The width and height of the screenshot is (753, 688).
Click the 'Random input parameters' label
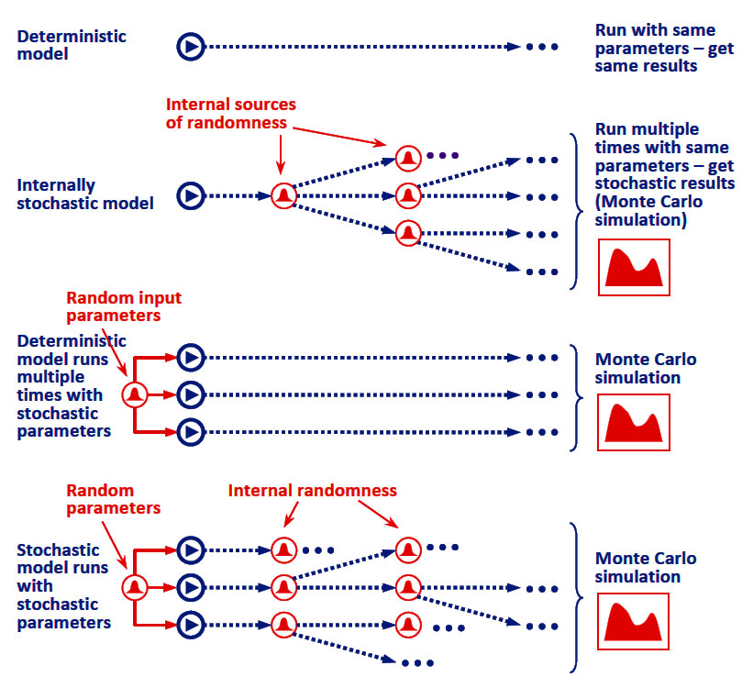pos(124,306)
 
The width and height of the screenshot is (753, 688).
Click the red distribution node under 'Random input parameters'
pos(135,394)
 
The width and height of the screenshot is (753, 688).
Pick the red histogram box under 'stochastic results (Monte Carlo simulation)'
pos(634,267)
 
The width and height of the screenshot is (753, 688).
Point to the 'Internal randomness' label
pos(312,491)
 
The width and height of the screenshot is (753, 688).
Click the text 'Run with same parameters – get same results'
pos(664,48)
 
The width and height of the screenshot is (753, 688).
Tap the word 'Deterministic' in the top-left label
pos(72,37)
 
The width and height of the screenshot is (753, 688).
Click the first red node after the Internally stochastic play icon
pos(282,194)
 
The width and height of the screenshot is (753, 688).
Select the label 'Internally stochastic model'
pos(84,194)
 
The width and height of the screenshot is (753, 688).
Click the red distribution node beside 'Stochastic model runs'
pos(135,586)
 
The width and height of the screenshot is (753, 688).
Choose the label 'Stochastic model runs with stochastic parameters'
pos(64,586)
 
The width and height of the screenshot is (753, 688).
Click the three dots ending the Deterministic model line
pos(542,46)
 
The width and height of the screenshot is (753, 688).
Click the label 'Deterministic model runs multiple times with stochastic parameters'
pos(66,385)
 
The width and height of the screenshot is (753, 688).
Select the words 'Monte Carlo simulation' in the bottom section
pos(645,567)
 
